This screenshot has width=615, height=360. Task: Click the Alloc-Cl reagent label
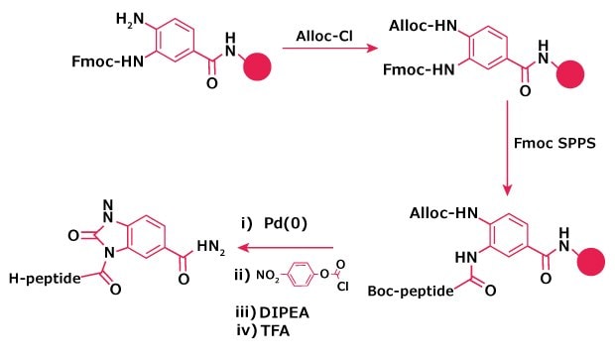click(x=327, y=37)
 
